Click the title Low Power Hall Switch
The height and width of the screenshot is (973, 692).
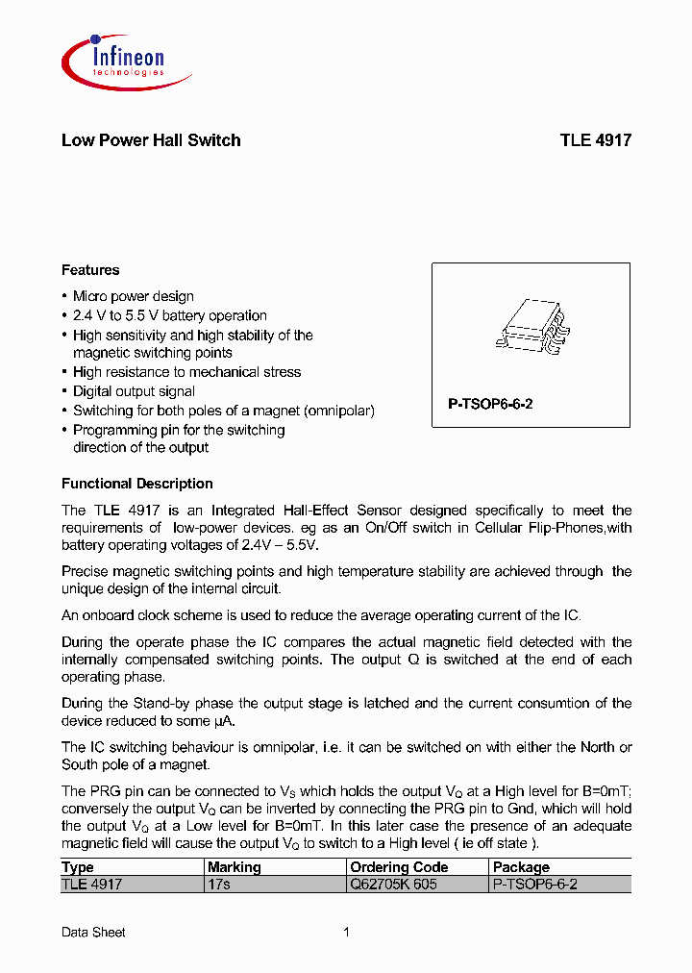click(x=151, y=140)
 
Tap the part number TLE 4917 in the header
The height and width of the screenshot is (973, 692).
click(x=595, y=140)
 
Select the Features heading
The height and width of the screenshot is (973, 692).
click(x=90, y=270)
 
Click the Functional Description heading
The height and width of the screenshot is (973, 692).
click(x=136, y=484)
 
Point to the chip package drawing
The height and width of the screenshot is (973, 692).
click(x=531, y=327)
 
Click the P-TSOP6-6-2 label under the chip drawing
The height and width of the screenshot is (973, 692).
click(x=490, y=405)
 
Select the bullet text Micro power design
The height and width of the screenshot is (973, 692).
click(x=133, y=297)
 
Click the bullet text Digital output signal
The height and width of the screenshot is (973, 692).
click(x=134, y=391)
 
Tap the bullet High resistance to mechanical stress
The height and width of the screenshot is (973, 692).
click(x=186, y=372)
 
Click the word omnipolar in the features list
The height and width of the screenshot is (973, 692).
click(x=339, y=411)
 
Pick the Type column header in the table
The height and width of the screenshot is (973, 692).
click(x=78, y=867)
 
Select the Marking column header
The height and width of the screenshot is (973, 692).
click(x=234, y=867)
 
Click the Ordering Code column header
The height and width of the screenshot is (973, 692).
click(x=399, y=867)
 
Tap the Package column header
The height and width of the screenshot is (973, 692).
click(x=521, y=867)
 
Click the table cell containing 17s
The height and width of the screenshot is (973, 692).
click(x=218, y=884)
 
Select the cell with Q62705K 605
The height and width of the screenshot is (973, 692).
click(x=393, y=884)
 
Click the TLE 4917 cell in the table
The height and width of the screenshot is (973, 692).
click(x=91, y=884)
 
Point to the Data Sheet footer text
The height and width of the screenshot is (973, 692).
click(x=93, y=932)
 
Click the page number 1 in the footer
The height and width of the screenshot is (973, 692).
click(x=346, y=932)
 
